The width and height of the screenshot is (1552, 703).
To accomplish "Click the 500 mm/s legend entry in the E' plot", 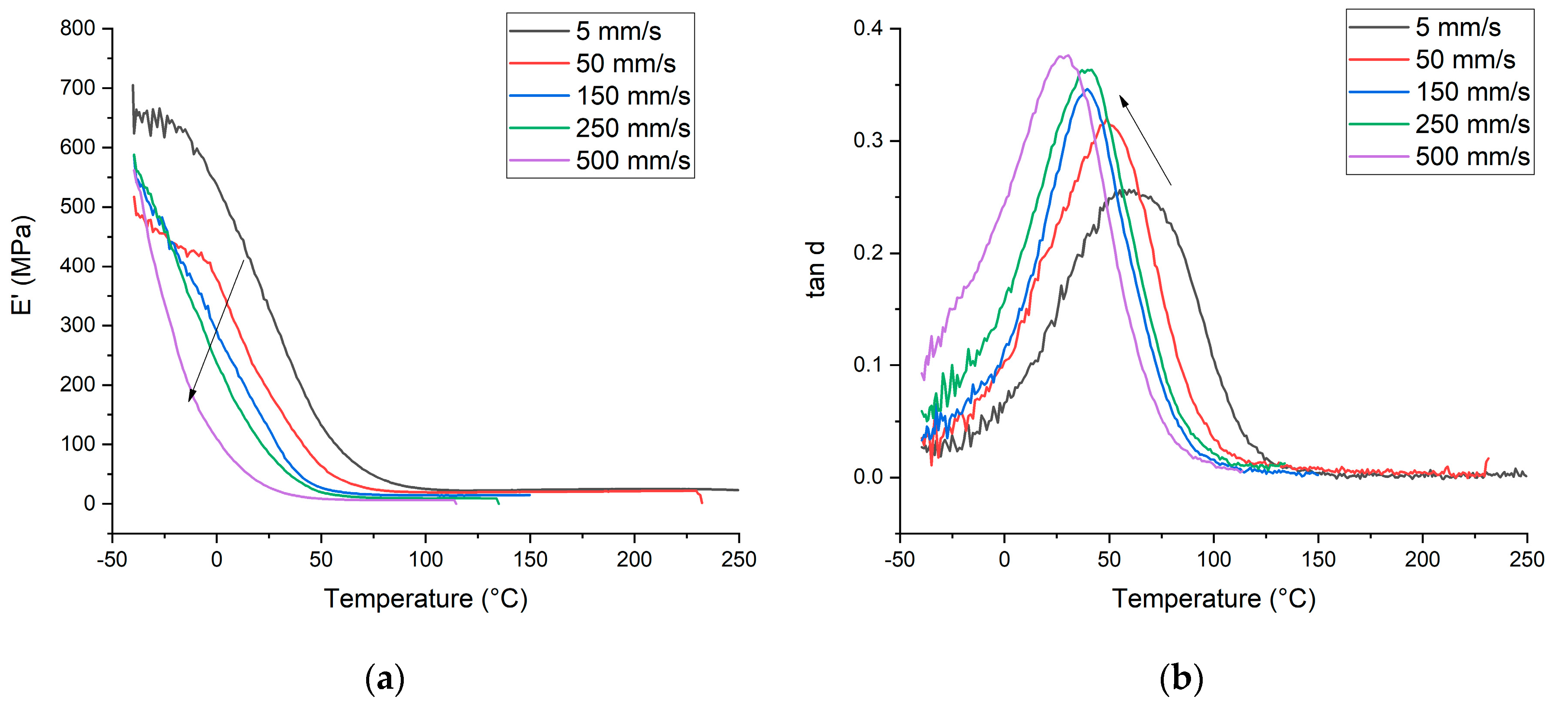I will click(632, 161).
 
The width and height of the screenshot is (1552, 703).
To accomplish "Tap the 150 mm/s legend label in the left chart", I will click(632, 96).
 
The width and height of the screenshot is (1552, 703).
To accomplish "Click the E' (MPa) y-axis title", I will click(23, 265).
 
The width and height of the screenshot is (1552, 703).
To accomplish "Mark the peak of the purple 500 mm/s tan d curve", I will click(1065, 56).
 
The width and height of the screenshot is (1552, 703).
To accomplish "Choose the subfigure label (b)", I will click(1181, 679).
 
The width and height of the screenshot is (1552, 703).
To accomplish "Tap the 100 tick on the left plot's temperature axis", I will click(425, 560).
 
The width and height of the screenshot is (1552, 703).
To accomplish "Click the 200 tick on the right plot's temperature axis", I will click(1422, 560).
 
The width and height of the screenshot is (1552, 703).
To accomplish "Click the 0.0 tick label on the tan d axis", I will click(868, 477).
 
